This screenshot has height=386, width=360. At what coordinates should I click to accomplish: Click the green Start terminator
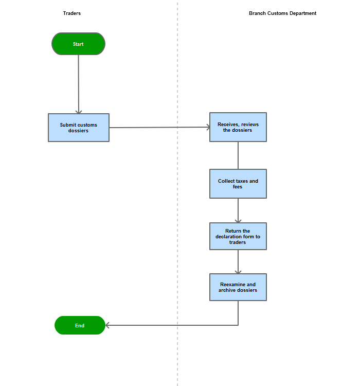click(x=78, y=44)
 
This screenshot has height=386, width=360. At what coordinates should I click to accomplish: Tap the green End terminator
click(x=80, y=325)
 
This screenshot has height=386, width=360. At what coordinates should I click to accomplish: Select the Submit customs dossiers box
click(x=79, y=128)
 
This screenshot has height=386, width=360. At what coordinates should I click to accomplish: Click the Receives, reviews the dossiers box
click(x=238, y=127)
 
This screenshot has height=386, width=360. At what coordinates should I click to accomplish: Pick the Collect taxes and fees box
click(x=238, y=184)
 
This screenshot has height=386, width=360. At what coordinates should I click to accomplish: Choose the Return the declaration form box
click(x=238, y=236)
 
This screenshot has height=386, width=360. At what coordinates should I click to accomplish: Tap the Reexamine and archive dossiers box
click(x=238, y=287)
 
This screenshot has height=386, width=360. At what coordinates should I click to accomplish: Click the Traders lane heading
click(x=72, y=13)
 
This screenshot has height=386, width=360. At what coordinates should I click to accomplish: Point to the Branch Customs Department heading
click(x=282, y=13)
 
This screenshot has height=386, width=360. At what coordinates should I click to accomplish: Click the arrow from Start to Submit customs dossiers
click(x=79, y=84)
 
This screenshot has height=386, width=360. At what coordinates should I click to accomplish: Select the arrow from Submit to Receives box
click(x=159, y=127)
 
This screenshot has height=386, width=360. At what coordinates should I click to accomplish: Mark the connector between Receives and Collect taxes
click(x=238, y=155)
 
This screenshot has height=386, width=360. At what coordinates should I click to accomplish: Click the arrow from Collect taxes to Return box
click(x=238, y=210)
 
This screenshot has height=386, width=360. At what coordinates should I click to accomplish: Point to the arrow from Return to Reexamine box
click(x=238, y=262)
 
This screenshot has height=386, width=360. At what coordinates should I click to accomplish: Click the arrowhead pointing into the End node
click(x=107, y=325)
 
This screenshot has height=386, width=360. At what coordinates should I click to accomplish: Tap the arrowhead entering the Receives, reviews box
click(x=208, y=127)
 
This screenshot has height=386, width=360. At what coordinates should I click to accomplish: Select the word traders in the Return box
click(x=238, y=242)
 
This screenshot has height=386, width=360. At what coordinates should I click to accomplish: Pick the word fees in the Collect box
click(x=238, y=187)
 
